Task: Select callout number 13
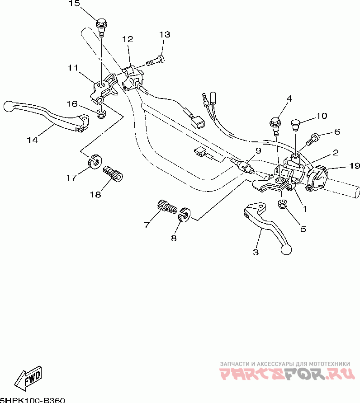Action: [x=165, y=35]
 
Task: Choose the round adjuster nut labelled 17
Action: [x=94, y=161]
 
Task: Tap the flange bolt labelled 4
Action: [x=275, y=123]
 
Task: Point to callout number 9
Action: [x=257, y=150]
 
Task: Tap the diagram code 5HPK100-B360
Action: [x=33, y=399]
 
